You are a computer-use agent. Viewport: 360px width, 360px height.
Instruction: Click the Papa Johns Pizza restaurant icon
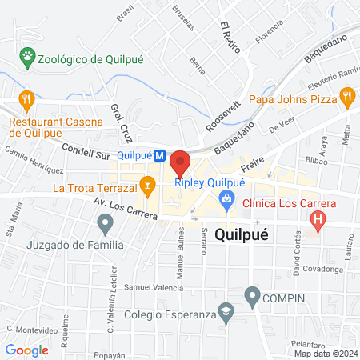[x=347, y=99]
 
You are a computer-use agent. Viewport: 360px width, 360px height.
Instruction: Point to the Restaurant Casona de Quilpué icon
[x=27, y=100]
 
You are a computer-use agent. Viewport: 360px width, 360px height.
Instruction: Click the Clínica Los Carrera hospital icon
[x=319, y=218]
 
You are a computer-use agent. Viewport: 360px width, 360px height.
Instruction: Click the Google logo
[x=26, y=350]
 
